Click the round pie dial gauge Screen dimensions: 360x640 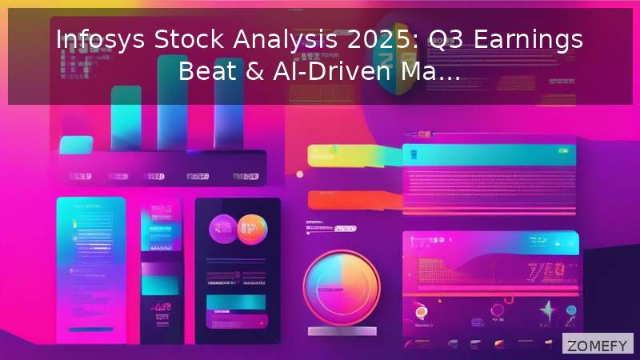coord(341,286)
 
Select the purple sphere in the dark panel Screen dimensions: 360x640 coord(223,230)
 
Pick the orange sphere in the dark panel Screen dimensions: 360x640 coord(254,229)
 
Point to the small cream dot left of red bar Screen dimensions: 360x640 coord(300,174)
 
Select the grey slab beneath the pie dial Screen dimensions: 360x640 coord(341,336)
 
